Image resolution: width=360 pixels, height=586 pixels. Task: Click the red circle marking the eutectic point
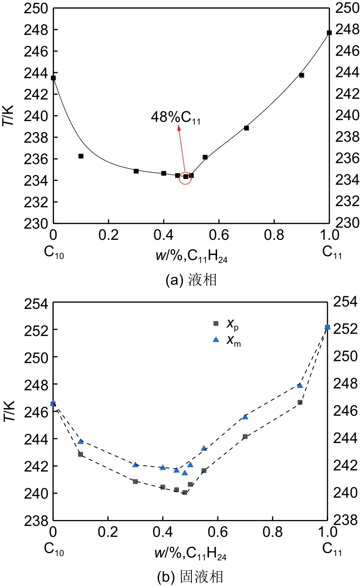(185, 177)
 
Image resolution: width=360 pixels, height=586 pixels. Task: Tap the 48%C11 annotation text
(176, 117)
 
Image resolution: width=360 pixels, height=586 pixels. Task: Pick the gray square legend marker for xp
(216, 323)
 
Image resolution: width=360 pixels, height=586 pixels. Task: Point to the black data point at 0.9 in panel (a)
(302, 75)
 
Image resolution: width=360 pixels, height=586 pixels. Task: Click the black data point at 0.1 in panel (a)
(81, 156)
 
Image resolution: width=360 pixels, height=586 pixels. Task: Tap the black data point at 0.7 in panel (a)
(246, 128)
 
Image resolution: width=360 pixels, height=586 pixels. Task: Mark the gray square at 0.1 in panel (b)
(81, 454)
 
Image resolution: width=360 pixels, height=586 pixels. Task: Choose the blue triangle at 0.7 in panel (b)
(245, 416)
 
